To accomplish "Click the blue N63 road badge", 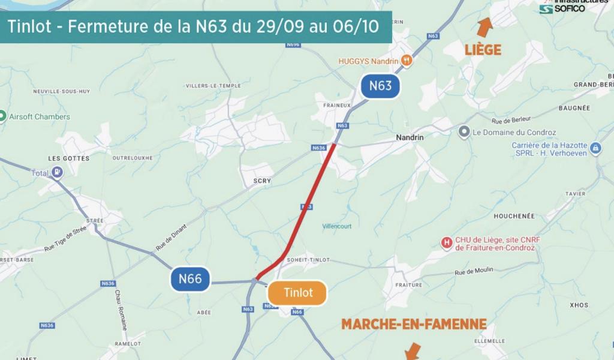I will click(x=380, y=86).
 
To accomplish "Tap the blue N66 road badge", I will click(x=190, y=278).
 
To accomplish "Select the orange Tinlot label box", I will click(x=297, y=293).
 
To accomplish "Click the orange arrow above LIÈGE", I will click(x=484, y=27).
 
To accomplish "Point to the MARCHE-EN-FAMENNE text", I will click(x=414, y=325).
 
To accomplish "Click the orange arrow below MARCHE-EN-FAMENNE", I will click(x=412, y=351).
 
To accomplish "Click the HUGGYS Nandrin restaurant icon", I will click(x=407, y=60).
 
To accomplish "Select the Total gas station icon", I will click(x=57, y=173).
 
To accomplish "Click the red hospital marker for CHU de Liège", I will click(x=446, y=243).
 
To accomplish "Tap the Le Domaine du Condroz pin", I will click(x=463, y=132).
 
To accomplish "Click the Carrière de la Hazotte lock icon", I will click(x=595, y=148).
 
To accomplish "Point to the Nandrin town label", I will click(x=410, y=137).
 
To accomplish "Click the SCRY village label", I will click(x=263, y=181).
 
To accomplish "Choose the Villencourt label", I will click(x=337, y=226).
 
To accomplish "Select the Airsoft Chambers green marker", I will click(x=2, y=116).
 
